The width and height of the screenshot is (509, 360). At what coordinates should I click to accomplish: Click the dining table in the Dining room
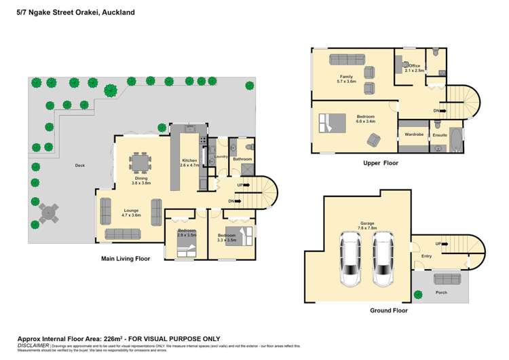coord(142,163)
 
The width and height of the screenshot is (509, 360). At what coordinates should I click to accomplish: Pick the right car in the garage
coord(383,257)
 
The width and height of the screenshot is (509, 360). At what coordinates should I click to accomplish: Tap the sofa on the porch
coord(446,278)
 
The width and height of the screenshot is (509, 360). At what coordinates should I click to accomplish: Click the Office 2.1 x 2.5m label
coord(413,68)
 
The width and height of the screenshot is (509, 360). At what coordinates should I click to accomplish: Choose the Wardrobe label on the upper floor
coord(414,134)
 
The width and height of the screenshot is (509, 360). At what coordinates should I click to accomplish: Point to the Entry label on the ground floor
coord(426,256)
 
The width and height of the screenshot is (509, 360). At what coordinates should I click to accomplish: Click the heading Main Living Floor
coord(125,258)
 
